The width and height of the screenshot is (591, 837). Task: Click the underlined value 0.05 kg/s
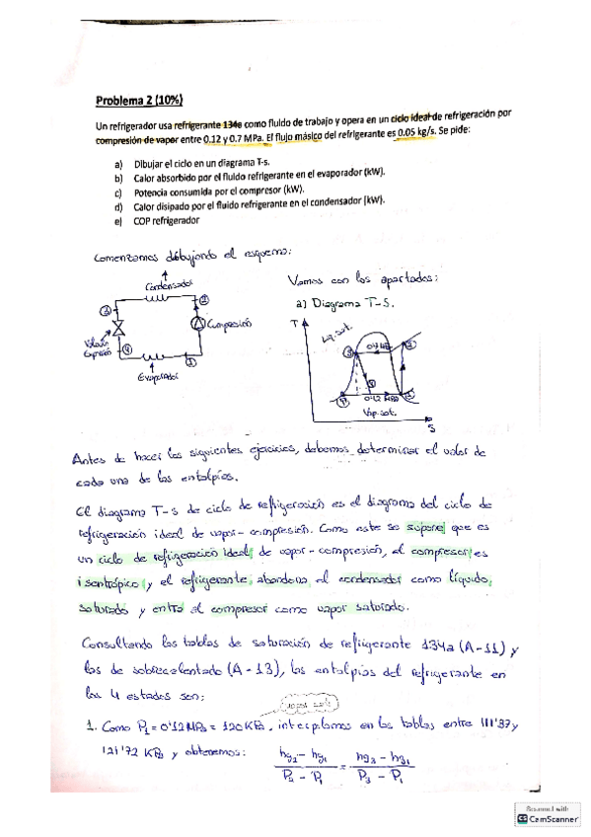coord(409,133)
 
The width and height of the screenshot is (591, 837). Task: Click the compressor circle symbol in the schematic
coord(197,324)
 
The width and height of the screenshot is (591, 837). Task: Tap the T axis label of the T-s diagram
coord(293,322)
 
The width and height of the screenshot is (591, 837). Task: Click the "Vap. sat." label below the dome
coord(378,414)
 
